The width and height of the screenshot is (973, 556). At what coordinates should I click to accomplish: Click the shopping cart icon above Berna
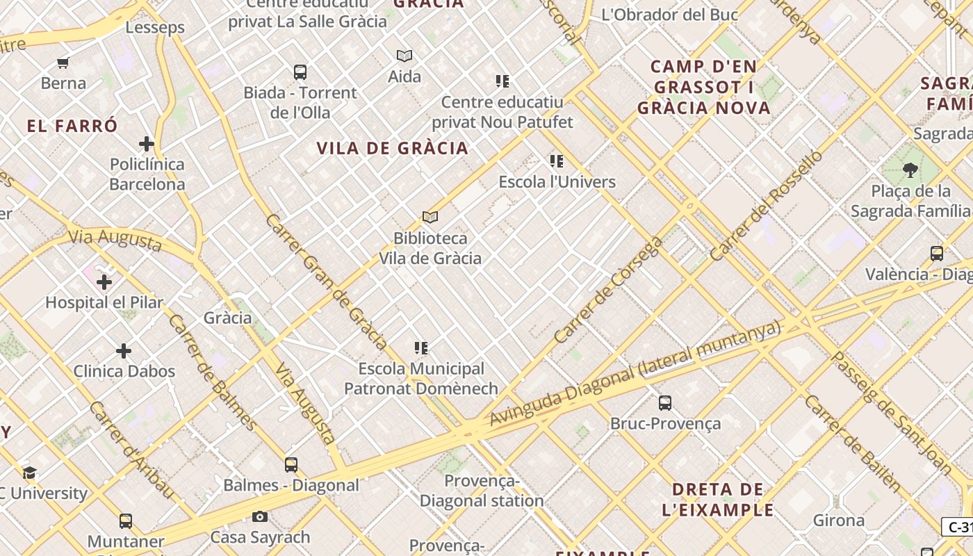coord(63,63)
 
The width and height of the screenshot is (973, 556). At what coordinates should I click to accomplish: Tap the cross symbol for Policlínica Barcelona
coord(146,144)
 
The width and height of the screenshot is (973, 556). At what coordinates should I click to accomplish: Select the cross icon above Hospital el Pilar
coord(104,282)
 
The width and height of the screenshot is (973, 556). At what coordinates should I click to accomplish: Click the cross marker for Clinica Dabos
coord(124,351)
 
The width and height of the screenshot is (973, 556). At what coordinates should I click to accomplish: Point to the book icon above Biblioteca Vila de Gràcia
coord(430,218)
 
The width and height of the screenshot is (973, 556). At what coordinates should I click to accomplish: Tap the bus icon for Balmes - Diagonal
coord(291,465)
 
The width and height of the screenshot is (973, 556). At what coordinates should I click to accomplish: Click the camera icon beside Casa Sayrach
coord(260,516)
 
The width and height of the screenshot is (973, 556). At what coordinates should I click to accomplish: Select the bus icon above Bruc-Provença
coord(665,402)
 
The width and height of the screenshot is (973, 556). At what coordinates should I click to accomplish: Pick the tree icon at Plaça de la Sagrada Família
coord(910,170)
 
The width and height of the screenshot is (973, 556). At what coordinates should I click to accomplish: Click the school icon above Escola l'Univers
coord(557,161)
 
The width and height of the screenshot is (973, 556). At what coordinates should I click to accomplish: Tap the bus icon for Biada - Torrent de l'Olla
coord(300,72)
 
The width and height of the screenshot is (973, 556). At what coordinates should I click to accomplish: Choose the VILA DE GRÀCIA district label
coord(393,148)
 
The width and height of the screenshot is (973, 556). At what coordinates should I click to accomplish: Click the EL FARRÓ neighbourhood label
coord(72,126)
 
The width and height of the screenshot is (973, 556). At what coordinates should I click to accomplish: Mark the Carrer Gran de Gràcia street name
coord(326,281)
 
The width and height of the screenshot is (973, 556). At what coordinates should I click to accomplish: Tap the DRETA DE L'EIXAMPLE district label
coord(718,500)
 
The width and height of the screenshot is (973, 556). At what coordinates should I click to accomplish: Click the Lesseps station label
coord(155,28)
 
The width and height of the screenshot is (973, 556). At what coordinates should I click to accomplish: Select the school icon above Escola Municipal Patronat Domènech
coord(420,347)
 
